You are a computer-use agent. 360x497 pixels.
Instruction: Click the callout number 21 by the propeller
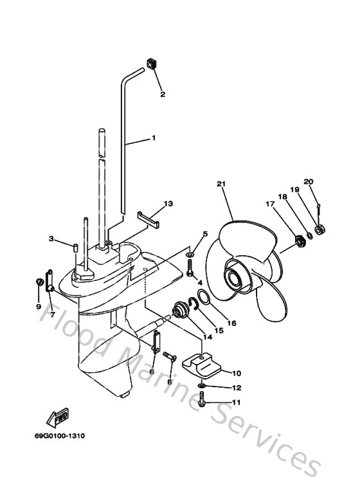click(x=222, y=185)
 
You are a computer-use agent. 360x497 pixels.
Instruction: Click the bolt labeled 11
click(x=202, y=402)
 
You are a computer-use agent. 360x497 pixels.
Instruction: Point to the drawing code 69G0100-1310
click(x=60, y=435)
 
